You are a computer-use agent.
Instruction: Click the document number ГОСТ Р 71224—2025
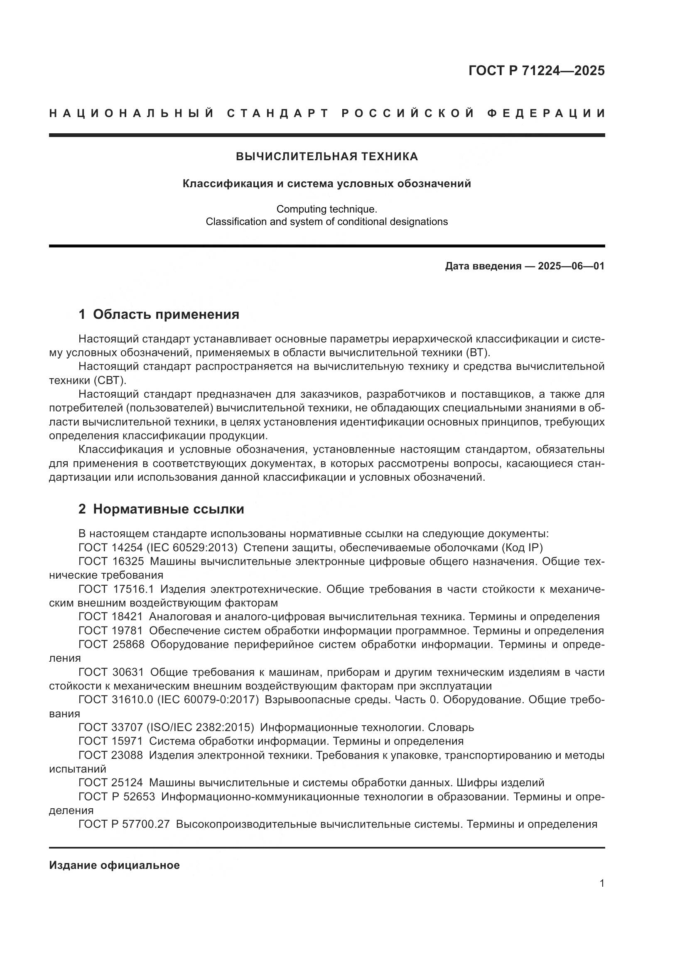coord(536,71)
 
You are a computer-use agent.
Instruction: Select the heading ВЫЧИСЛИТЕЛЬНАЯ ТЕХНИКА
coord(326,157)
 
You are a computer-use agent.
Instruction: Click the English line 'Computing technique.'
coord(326,209)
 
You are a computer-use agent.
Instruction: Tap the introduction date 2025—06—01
coord(571,266)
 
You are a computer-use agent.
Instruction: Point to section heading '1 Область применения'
coord(159,314)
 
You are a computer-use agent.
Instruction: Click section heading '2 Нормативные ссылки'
coord(161,509)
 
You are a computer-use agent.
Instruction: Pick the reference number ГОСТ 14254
coord(111,548)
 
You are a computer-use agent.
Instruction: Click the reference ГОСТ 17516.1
coord(116,589)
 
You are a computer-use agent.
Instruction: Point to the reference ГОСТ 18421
coord(111,617)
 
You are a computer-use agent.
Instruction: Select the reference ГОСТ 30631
coord(111,672)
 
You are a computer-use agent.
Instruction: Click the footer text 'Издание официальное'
coord(114,865)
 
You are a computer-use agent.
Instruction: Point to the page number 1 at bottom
coord(601,883)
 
